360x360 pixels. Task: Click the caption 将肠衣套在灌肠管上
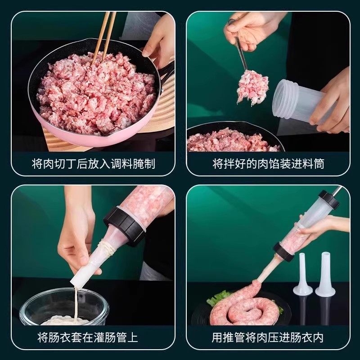[93, 337]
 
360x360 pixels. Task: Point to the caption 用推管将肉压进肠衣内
[268, 337]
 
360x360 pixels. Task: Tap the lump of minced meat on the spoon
[252, 86]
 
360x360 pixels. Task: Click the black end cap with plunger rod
[328, 200]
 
